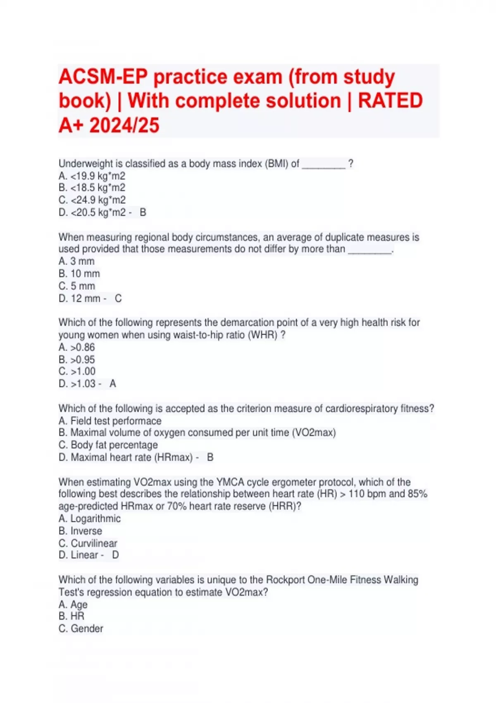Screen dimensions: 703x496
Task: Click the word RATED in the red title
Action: [390, 101]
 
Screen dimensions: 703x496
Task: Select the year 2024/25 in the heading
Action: [124, 125]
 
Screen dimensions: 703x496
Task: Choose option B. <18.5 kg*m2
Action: [92, 188]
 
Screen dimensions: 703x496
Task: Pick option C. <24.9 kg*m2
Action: [92, 200]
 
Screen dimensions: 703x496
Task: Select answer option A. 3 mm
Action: [76, 261]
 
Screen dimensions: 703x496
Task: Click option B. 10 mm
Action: [79, 274]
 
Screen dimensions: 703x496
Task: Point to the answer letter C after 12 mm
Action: [118, 299]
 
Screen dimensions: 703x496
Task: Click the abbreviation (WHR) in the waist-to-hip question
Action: [262, 335]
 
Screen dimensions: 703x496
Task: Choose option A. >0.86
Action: [77, 347]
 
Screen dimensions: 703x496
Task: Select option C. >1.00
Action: [77, 371]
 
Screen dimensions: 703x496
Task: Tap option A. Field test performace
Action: [110, 421]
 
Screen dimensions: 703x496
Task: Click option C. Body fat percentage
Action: [108, 445]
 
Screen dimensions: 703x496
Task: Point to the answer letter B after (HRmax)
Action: [210, 457]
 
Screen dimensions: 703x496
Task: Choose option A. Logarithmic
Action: [90, 519]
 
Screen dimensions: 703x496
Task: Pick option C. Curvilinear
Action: [88, 543]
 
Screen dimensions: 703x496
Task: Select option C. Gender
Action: [81, 629]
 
